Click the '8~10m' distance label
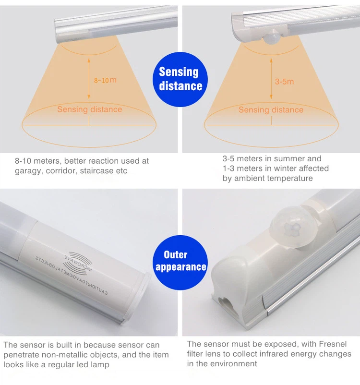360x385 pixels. click(x=105, y=80)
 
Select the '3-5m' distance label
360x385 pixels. click(x=284, y=82)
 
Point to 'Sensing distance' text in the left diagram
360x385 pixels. click(x=89, y=109)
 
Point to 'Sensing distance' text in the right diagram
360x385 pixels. click(x=271, y=110)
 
